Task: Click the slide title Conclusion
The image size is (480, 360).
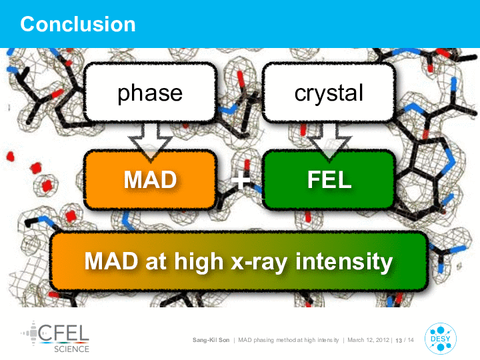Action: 78,24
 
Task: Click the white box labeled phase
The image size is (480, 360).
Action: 150,92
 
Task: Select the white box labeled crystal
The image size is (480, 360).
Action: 329,92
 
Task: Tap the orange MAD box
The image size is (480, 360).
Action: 150,180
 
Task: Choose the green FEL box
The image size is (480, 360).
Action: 329,180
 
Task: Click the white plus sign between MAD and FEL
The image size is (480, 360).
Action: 240,180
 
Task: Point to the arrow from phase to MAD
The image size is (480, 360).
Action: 150,140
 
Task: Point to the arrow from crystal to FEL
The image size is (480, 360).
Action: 329,140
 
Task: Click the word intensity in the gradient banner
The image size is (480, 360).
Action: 344,261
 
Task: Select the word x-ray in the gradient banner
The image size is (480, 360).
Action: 259,263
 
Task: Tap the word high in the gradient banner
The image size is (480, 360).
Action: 199,261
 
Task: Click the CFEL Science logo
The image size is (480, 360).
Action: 55,337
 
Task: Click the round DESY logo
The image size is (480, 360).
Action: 440,339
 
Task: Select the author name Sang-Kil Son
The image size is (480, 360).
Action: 211,340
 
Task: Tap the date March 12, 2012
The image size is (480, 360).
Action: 368,340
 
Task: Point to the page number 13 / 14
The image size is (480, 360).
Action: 405,340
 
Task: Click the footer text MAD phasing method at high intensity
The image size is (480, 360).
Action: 289,340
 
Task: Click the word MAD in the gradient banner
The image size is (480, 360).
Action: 111,261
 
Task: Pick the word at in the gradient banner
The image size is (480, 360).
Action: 156,262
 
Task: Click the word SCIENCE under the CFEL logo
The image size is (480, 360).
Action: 71,349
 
